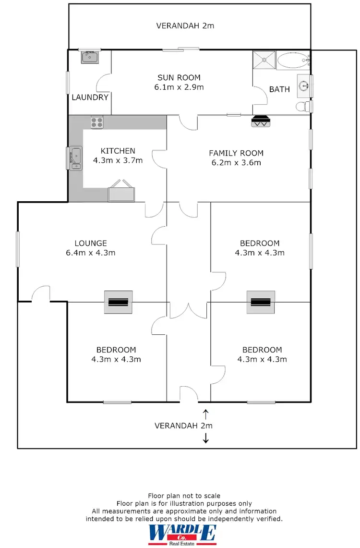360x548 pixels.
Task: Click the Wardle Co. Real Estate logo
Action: click(x=182, y=534)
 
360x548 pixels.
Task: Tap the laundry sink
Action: click(x=89, y=58)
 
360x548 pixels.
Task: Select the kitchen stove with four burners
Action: click(x=97, y=122)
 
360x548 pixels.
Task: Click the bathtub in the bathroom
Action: click(x=293, y=61)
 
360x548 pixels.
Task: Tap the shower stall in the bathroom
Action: click(x=264, y=60)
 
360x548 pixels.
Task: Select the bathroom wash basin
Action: click(x=304, y=86)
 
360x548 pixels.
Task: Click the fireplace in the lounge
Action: click(x=119, y=302)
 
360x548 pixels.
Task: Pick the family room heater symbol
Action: click(x=261, y=121)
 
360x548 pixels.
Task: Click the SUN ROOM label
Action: click(x=179, y=77)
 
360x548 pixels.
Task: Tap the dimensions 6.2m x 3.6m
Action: click(x=236, y=162)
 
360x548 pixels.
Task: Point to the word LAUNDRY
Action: click(x=90, y=97)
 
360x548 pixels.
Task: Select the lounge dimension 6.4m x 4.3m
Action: click(x=91, y=253)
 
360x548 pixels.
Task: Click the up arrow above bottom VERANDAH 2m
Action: click(x=206, y=413)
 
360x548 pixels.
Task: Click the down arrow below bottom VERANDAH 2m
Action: click(x=206, y=438)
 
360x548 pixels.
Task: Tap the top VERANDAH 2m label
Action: click(x=185, y=25)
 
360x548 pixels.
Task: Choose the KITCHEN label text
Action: click(x=118, y=151)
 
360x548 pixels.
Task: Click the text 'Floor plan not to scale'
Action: click(x=184, y=495)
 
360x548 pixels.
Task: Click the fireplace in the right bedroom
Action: click(x=261, y=302)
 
